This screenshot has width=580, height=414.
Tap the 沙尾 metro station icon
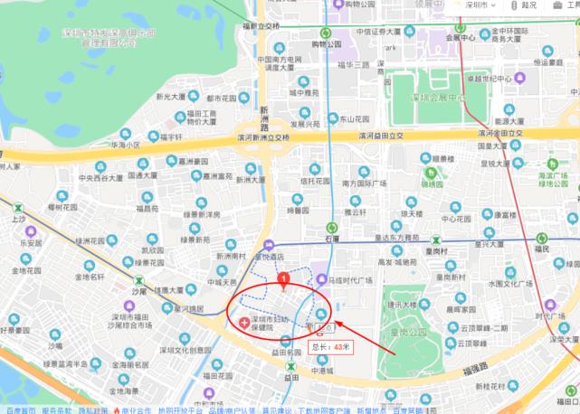click(138, 282)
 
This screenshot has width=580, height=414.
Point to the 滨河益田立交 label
click(379, 136)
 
